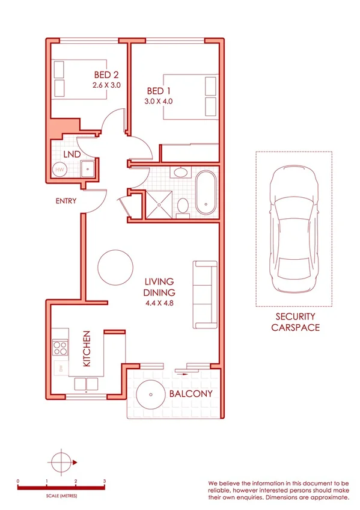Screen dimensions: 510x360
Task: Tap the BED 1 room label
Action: click(159, 90)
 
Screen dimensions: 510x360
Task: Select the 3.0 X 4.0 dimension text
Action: click(159, 101)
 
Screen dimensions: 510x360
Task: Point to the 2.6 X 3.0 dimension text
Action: click(108, 85)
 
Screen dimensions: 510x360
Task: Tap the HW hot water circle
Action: click(59, 170)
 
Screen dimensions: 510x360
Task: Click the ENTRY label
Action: click(65, 201)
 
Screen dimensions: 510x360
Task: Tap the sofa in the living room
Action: click(204, 295)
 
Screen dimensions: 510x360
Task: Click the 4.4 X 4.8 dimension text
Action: click(159, 304)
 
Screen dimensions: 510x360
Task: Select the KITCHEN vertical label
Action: click(87, 349)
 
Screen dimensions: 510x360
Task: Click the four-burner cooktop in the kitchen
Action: click(61, 347)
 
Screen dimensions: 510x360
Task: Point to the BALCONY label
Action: click(191, 394)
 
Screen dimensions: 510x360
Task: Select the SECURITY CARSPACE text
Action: click(294, 322)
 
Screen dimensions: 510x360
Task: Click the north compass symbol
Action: click(62, 462)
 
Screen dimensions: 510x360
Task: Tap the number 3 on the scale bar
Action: click(105, 482)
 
